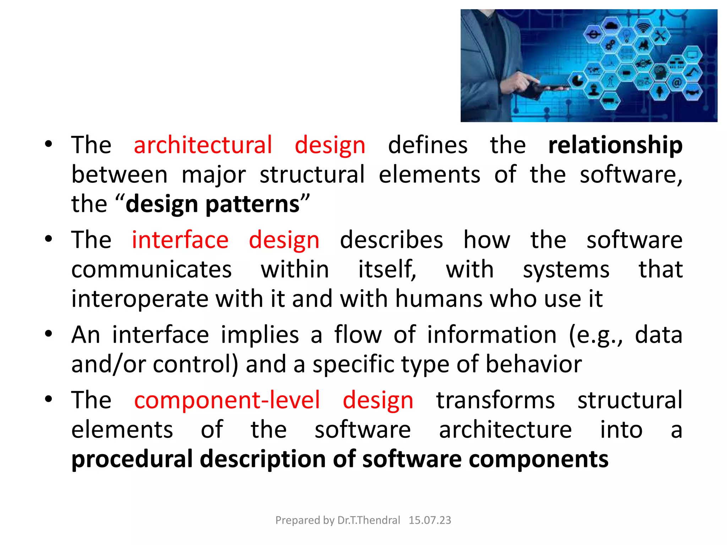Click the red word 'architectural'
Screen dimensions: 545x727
203,145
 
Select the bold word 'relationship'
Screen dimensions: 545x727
615,145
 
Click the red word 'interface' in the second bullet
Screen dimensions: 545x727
180,240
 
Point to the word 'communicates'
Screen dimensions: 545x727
152,270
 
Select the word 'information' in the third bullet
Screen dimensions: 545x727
492,335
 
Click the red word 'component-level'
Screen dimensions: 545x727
227,400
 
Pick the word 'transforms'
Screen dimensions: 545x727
495,400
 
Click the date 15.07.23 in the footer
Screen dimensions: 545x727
430,520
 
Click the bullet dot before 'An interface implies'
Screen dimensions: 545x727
49,334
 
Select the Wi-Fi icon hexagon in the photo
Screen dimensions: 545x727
643,27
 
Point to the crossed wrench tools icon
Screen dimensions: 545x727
660,36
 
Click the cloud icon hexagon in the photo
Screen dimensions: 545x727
611,26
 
